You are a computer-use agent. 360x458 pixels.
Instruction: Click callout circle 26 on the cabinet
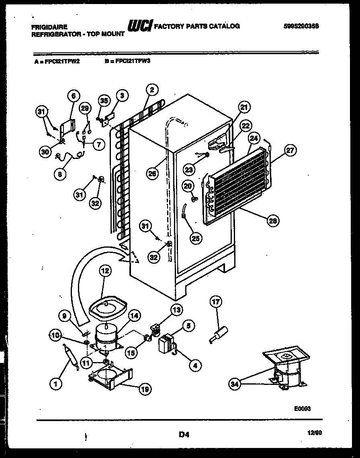[152, 173]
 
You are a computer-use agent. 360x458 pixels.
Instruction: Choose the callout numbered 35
[104, 102]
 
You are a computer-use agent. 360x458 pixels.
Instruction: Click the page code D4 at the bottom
[184, 434]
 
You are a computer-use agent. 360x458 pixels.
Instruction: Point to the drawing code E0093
[302, 408]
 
